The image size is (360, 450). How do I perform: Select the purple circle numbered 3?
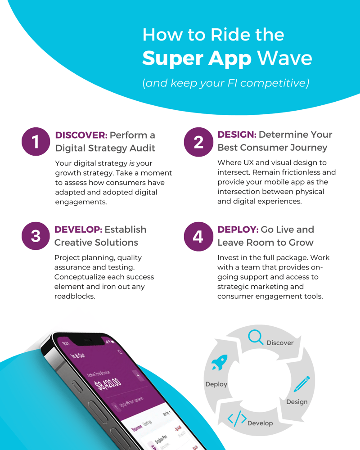click(35, 236)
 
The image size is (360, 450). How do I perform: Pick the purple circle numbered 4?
click(198, 236)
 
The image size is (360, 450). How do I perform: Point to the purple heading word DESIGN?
click(237, 135)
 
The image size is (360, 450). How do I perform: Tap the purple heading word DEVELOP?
click(78, 229)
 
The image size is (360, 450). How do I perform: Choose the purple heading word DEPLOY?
click(238, 229)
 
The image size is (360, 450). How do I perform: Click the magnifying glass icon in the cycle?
click(256, 337)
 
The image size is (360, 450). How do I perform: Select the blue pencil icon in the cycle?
click(301, 384)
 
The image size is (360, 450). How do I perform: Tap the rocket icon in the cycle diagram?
click(220, 363)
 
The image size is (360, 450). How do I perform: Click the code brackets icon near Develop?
click(237, 418)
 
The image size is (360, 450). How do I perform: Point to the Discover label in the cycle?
click(280, 343)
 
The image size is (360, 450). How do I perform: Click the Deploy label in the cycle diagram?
click(216, 384)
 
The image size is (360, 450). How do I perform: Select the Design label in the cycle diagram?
click(297, 402)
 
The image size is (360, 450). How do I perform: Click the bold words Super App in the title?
click(196, 58)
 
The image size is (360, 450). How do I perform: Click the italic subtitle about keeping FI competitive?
click(225, 83)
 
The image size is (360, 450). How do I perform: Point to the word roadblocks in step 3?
click(75, 296)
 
